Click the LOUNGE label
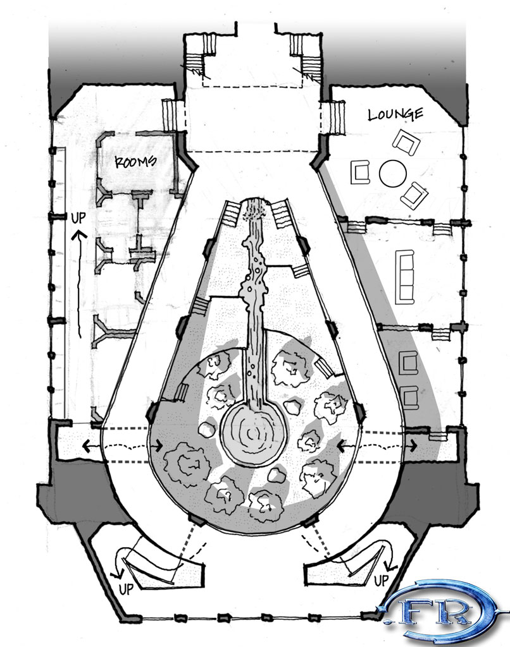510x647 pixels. click(x=395, y=114)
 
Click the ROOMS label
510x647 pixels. click(x=135, y=161)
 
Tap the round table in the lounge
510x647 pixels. click(x=391, y=173)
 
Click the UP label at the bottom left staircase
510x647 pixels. click(x=127, y=589)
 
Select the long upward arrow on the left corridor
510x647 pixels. click(x=78, y=284)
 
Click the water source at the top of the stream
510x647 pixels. click(x=256, y=209)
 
